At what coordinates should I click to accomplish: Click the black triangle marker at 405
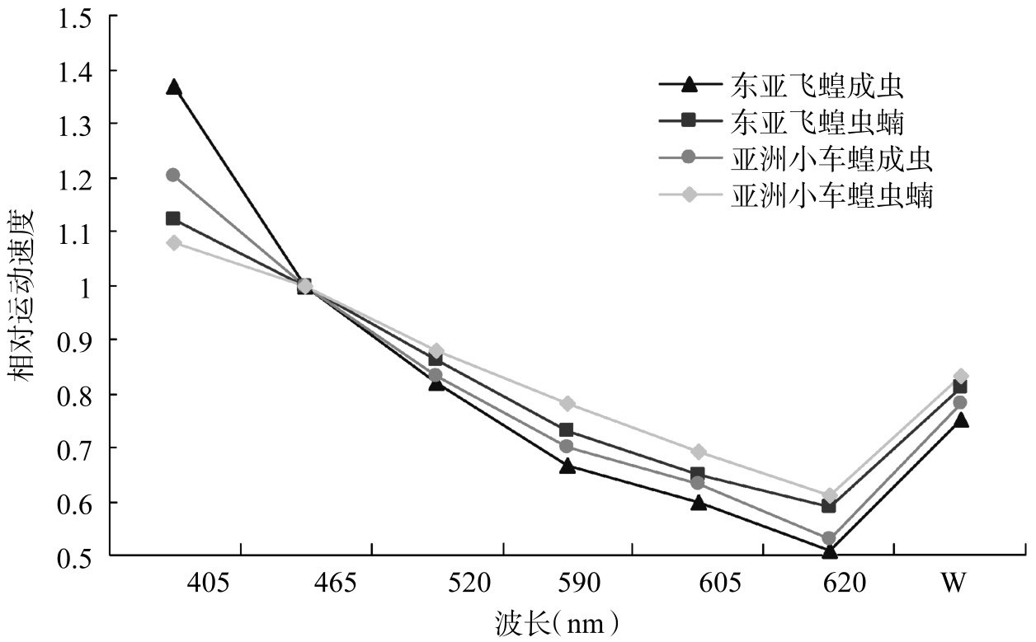tap(173, 87)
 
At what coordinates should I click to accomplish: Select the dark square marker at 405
tap(173, 218)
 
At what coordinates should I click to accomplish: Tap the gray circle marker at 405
tap(173, 175)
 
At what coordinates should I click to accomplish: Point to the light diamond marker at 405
tap(173, 242)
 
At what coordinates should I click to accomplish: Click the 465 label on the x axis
tap(336, 583)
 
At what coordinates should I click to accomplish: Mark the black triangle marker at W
tap(961, 420)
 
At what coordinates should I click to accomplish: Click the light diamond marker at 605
tap(698, 452)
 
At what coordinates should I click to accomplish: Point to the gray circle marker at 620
tap(830, 538)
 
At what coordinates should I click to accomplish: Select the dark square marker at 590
tap(567, 430)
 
